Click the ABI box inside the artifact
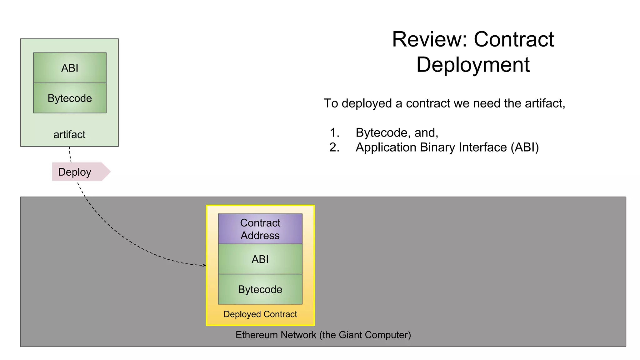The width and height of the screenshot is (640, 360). [x=70, y=68]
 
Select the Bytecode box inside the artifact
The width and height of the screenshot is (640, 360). [x=70, y=98]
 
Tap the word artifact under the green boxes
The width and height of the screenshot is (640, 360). [x=69, y=135]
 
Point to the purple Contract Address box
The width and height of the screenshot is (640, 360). [x=260, y=229]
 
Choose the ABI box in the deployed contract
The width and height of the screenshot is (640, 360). [x=260, y=259]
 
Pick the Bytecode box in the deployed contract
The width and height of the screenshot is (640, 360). [x=260, y=289]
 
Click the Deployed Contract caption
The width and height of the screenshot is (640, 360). [x=260, y=314]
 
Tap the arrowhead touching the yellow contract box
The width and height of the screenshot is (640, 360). [x=204, y=265]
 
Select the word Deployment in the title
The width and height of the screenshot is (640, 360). [x=473, y=65]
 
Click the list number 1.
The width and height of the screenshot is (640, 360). [x=334, y=133]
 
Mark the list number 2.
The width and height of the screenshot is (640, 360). [x=334, y=147]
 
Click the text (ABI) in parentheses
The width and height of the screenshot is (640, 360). [x=525, y=147]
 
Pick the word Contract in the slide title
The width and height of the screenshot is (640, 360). [x=514, y=40]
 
